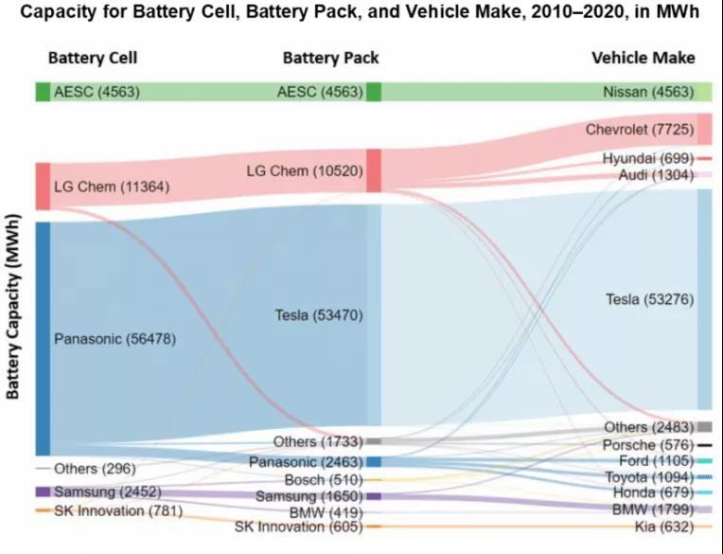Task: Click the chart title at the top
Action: coord(361,13)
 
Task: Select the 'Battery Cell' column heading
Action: coord(93,58)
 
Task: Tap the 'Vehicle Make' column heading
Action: coord(643,58)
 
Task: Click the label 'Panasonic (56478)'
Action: coord(114,338)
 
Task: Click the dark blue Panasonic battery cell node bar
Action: coord(43,338)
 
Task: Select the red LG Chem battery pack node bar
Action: coord(373,170)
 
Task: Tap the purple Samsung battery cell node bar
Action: coord(43,491)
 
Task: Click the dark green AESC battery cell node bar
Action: coord(43,92)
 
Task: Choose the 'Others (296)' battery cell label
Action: coord(95,468)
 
